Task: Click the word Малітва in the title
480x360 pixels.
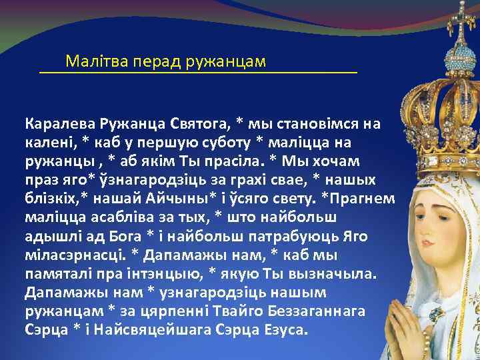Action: [x=92, y=61]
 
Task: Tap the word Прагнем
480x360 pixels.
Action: [x=365, y=199]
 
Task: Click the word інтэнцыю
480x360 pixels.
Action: [x=162, y=273]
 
